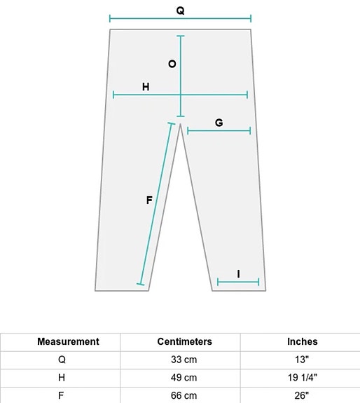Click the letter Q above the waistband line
(x=180, y=11)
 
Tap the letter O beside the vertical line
(x=172, y=64)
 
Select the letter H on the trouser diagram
(x=146, y=87)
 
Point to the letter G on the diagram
(x=219, y=123)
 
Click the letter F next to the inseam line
(x=149, y=200)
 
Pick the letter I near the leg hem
(x=239, y=274)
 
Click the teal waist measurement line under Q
(x=180, y=18)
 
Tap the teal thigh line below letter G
(x=219, y=131)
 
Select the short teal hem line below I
(x=238, y=282)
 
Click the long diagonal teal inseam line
(x=156, y=204)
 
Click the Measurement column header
(x=68, y=341)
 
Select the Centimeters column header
(x=185, y=341)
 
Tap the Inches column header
(x=303, y=341)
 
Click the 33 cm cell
(x=184, y=360)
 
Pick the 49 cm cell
(x=184, y=378)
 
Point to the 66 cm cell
(x=184, y=395)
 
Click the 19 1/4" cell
(x=303, y=378)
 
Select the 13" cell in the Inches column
(x=302, y=360)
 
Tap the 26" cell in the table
(x=302, y=395)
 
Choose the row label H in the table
(x=62, y=378)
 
